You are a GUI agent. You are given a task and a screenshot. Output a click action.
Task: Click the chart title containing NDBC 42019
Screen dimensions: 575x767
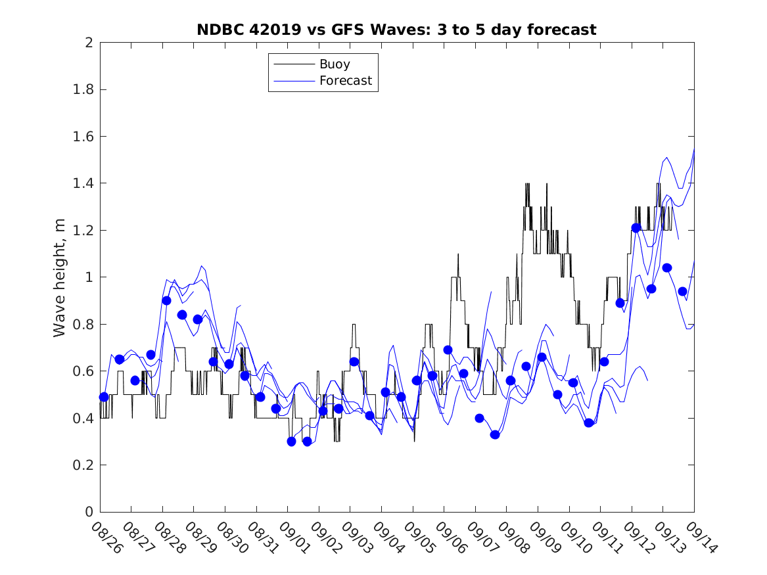tap(396, 30)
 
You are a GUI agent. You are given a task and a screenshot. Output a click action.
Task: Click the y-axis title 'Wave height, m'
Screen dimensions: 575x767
tap(60, 277)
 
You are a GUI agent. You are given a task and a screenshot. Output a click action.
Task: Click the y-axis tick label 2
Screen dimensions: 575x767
tap(88, 43)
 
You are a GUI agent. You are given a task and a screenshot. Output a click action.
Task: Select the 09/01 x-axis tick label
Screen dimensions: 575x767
tap(293, 538)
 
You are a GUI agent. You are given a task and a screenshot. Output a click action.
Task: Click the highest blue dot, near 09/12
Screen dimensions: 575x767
tap(636, 228)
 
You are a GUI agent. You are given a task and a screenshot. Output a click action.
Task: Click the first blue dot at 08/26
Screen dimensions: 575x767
tap(104, 397)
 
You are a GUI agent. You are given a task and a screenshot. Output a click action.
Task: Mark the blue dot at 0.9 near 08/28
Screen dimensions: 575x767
tap(166, 300)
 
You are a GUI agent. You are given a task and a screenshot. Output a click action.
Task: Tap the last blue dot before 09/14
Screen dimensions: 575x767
tap(682, 291)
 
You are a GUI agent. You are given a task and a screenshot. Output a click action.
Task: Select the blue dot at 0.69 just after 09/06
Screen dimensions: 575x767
tap(448, 350)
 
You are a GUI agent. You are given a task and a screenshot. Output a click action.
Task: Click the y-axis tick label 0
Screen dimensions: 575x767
tap(88, 512)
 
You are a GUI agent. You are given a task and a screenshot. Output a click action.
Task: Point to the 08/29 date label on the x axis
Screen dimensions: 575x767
tap(199, 538)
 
